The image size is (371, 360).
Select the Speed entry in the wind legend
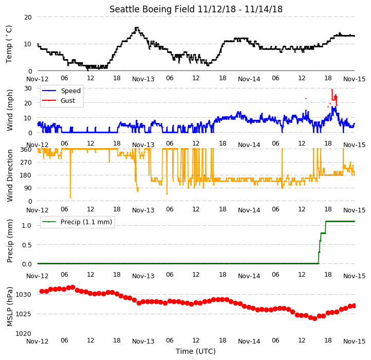coord(62,91)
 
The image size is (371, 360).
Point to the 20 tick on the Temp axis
coord(28,17)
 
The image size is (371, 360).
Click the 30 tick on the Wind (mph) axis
coord(28,88)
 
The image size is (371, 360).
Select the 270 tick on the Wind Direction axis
coord(26,163)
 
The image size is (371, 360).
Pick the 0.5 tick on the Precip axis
coord(27,245)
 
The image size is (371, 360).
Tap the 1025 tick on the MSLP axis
coord(24,314)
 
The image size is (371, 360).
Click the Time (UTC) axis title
coord(196,351)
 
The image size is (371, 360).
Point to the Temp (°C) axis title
coord(9,44)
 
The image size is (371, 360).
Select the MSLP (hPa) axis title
coord(9,307)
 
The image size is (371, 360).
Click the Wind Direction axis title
coord(9,175)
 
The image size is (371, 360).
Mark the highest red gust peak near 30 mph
coord(332,89)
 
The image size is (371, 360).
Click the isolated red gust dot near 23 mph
coord(306,98)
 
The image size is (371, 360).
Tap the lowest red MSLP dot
coord(314,319)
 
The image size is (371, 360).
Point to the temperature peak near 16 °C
coord(137,28)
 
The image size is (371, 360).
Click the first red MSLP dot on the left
coord(42,291)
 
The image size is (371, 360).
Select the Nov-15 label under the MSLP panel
coord(354,341)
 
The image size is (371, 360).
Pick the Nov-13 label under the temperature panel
coord(143,79)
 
